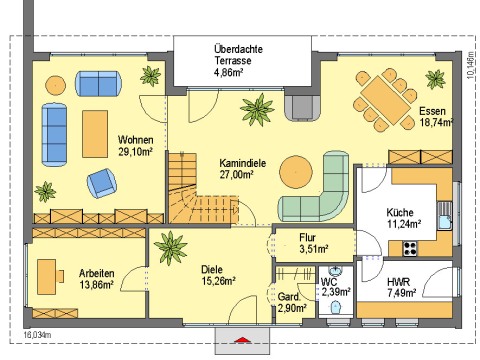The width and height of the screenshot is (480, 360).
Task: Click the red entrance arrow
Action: [242, 340]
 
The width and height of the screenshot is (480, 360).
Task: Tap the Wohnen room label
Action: [135, 140]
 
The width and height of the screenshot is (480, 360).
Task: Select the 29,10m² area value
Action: [135, 152]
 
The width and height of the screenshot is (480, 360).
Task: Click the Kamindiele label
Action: [242, 163]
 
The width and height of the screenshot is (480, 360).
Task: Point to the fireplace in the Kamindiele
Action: [303, 107]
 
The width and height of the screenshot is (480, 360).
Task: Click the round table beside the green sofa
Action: [296, 172]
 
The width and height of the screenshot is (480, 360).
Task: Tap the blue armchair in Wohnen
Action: [102, 183]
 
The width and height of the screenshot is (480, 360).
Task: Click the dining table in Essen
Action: [386, 100]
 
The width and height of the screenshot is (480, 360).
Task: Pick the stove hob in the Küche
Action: [410, 248]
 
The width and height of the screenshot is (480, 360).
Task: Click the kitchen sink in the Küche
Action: [445, 216]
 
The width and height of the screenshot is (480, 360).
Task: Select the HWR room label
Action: [398, 282]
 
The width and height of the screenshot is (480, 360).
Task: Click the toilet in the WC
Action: [336, 307]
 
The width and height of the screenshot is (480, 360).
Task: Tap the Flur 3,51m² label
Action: [313, 243]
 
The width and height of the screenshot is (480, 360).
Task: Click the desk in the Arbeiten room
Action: [46, 277]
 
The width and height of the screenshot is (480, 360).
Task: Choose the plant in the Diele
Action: [170, 248]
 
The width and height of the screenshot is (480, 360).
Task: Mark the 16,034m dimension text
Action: [37, 335]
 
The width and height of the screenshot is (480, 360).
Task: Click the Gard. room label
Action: [289, 296]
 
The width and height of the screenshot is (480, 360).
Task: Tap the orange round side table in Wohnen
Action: [55, 85]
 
